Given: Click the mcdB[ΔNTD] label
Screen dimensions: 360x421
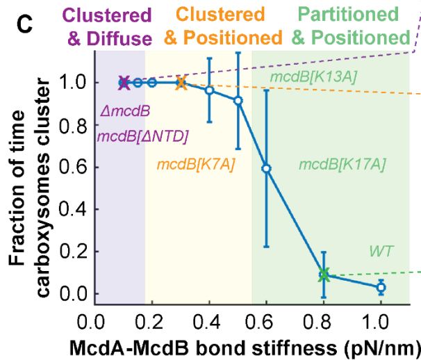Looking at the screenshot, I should (x=143, y=136).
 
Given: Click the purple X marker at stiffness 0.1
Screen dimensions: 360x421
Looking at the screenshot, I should (x=124, y=83).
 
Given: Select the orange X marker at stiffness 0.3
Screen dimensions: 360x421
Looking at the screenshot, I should (x=181, y=83).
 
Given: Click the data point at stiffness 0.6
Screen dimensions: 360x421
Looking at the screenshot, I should (x=266, y=168).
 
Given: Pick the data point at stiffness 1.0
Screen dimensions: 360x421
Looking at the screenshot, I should (x=381, y=287).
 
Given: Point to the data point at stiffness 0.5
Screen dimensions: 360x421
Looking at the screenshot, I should (x=238, y=101).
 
